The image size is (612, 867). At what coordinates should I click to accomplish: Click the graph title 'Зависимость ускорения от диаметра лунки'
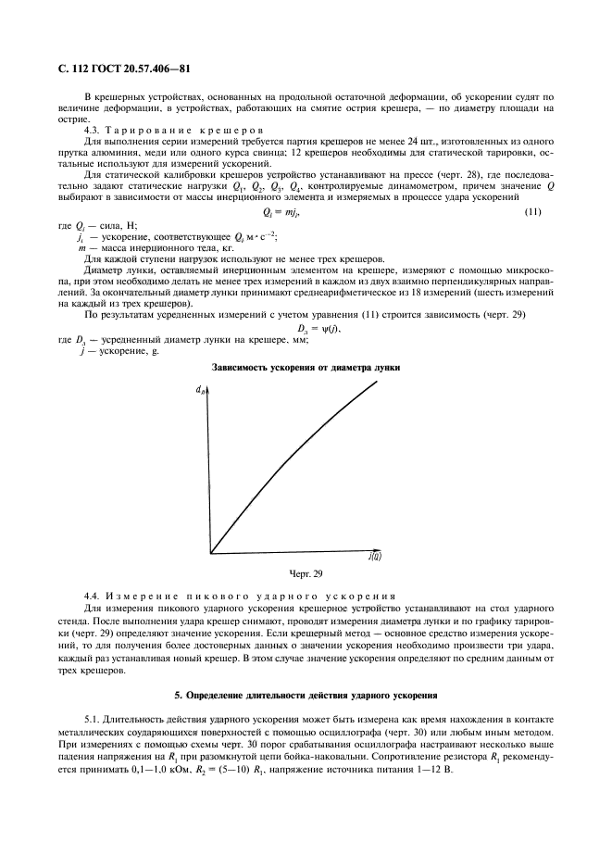[306, 368]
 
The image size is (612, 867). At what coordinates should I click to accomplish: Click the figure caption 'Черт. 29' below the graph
[306, 574]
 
